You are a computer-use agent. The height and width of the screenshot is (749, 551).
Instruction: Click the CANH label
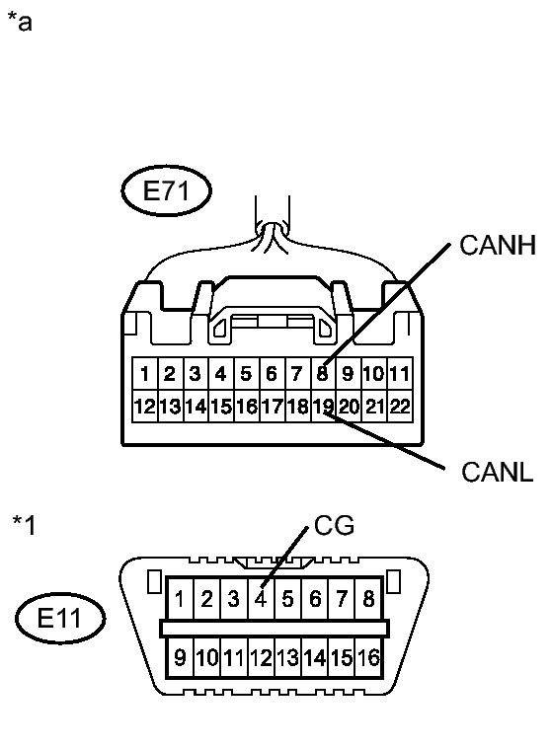[497, 247]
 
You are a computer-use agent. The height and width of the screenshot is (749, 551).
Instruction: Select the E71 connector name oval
[167, 191]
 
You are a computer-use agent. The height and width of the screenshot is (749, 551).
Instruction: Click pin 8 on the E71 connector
[322, 374]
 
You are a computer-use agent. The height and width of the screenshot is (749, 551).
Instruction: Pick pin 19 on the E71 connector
[322, 406]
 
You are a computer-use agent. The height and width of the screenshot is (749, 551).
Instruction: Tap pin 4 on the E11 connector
[261, 598]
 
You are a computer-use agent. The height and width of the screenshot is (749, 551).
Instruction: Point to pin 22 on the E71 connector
[399, 406]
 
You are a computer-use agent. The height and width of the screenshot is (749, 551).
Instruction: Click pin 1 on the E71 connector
[144, 374]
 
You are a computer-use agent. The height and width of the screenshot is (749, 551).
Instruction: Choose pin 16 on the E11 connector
[368, 655]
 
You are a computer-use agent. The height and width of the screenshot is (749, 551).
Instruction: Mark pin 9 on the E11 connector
[181, 655]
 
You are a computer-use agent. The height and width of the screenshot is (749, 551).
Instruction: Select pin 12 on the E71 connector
[144, 406]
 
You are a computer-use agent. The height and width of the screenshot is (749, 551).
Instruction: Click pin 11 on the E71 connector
[399, 374]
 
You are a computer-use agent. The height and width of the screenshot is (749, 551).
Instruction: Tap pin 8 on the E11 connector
[368, 598]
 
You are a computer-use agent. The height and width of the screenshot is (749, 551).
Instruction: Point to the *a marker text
[20, 22]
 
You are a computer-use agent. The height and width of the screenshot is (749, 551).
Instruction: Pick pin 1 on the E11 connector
[181, 598]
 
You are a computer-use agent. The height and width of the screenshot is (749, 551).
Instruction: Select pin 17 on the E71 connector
[272, 406]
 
